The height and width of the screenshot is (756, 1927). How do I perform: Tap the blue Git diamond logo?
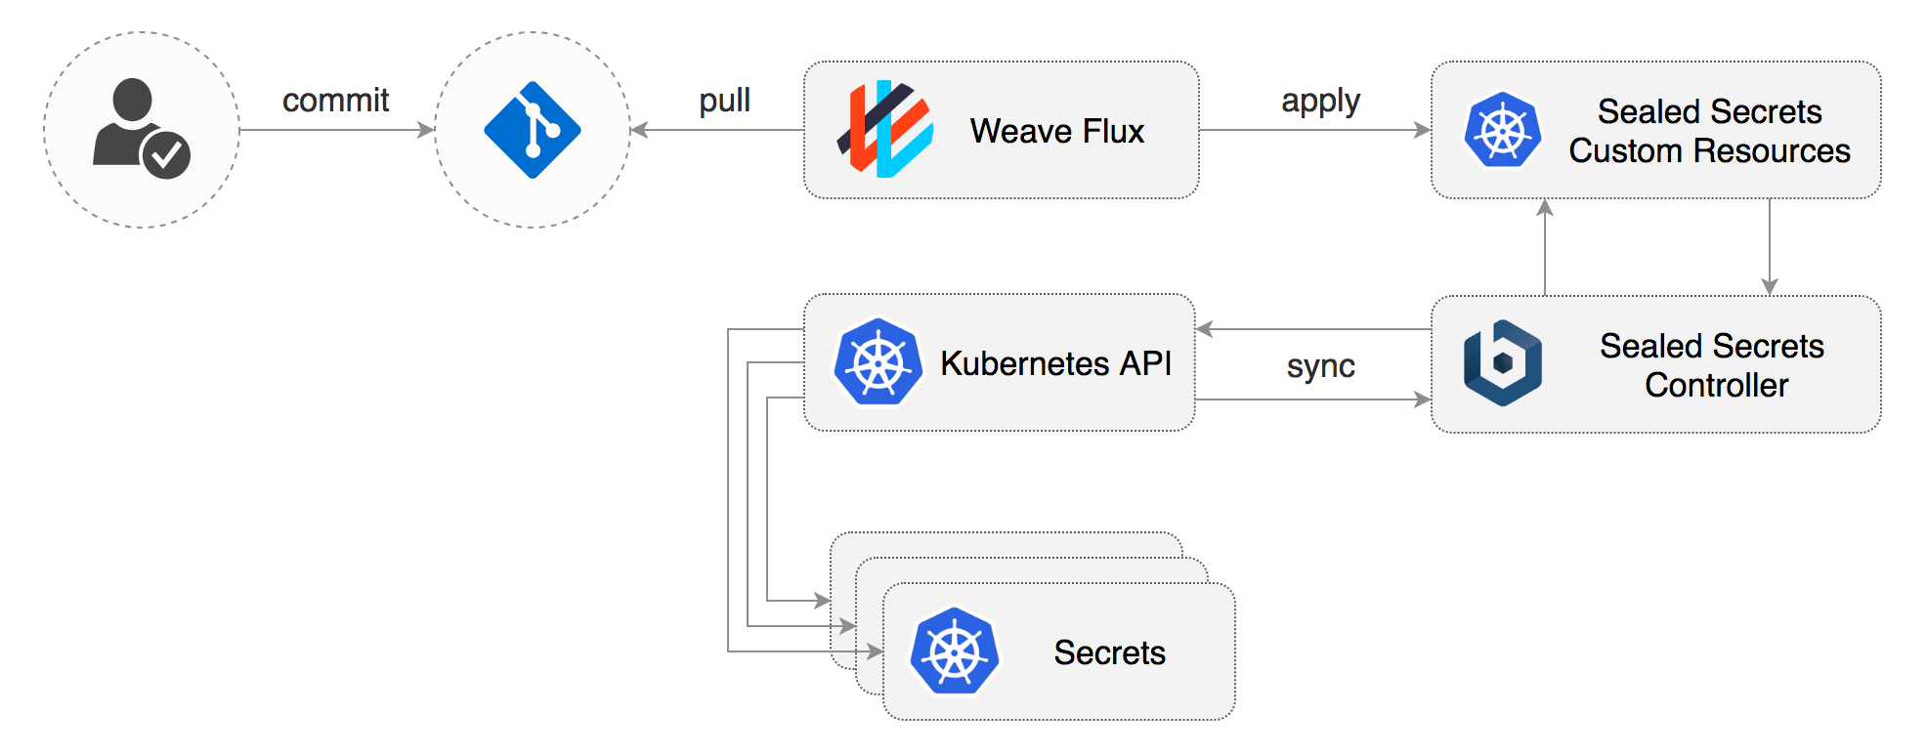point(533,130)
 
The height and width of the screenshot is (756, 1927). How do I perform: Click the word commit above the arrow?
point(335,100)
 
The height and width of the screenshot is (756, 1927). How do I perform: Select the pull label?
point(724,100)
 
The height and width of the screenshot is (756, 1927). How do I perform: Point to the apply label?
point(1320,101)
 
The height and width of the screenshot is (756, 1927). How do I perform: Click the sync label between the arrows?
point(1320,366)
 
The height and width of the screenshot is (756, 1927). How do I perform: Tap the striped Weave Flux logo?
point(885,129)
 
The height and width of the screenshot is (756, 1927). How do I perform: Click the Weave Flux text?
point(1056,131)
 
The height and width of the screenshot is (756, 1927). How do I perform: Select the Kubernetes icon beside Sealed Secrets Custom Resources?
point(1502,130)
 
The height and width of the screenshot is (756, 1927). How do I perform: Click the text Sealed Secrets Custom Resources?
point(1709,131)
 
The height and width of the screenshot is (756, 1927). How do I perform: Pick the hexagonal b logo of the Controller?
point(1502,363)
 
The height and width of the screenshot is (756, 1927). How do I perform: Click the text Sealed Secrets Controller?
point(1712,365)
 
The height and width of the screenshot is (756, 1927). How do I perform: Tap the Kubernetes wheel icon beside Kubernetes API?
point(878,362)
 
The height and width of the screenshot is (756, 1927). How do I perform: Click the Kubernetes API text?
point(1055,363)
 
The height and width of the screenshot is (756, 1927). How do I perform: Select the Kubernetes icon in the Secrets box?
point(954,651)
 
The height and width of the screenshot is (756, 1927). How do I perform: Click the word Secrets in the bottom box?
point(1109,652)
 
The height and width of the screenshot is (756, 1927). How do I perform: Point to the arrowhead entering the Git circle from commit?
point(426,130)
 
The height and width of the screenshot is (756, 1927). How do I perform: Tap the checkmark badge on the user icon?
point(166,154)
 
